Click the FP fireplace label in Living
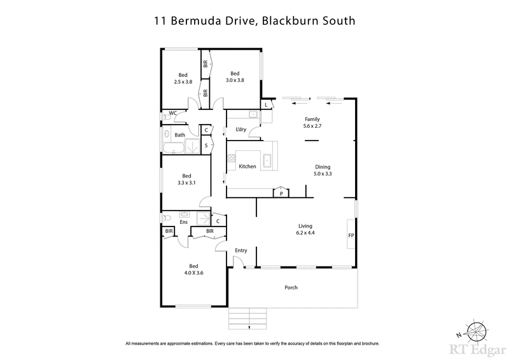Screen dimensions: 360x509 (351, 235)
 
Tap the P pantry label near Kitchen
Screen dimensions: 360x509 (281, 193)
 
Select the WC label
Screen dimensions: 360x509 (172, 114)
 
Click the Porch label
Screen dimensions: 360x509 (291, 287)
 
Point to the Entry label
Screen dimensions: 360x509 (241, 250)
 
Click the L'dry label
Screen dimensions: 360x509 (241, 130)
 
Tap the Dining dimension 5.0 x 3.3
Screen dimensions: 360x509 (323, 173)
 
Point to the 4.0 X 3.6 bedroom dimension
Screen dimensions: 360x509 (192, 273)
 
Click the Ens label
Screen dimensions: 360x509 (183, 221)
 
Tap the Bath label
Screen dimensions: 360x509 (179, 135)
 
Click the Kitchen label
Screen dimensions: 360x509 (247, 167)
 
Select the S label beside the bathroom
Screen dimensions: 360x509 (206, 146)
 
